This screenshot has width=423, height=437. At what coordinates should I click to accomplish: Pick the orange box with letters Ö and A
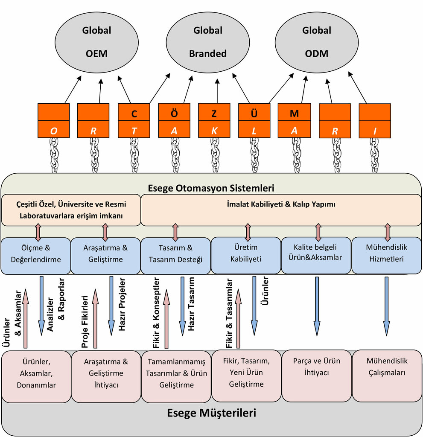tap(174, 121)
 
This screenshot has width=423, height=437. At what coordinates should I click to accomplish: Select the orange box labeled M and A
tap(294, 121)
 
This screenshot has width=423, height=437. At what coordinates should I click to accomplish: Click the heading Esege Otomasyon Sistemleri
tap(211, 188)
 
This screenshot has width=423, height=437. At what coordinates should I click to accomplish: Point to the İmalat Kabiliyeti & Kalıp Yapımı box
tap(281, 205)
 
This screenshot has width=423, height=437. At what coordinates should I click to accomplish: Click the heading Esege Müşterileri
tap(211, 413)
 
